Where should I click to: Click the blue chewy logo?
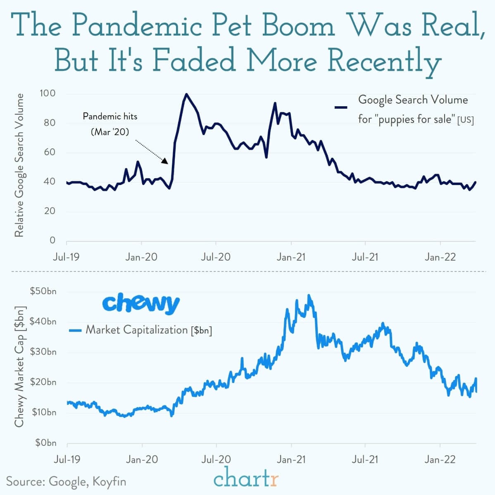point(140,303)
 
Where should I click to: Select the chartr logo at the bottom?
point(246,479)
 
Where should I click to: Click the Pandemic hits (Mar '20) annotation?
point(110,124)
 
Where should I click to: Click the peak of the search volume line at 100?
point(186,94)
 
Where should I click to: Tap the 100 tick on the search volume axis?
point(48,93)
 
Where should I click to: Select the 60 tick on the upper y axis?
point(50,152)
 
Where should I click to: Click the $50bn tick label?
point(43,291)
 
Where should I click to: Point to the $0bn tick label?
point(45,443)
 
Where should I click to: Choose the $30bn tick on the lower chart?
point(43,352)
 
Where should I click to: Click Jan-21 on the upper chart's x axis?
point(291,257)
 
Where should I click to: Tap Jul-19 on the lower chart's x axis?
point(67,459)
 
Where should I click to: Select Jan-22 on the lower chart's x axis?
point(440,459)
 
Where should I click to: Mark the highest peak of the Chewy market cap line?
point(309,295)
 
